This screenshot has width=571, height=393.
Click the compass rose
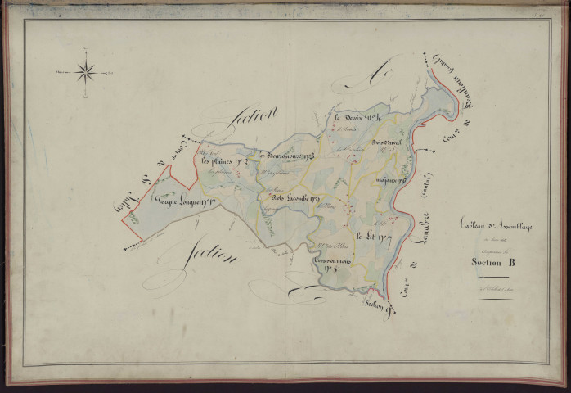pos(86,73)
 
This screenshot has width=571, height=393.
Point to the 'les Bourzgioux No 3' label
pos(285,155)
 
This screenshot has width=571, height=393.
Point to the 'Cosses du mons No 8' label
pos(335,263)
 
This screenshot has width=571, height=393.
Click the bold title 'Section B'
pos(493,262)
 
